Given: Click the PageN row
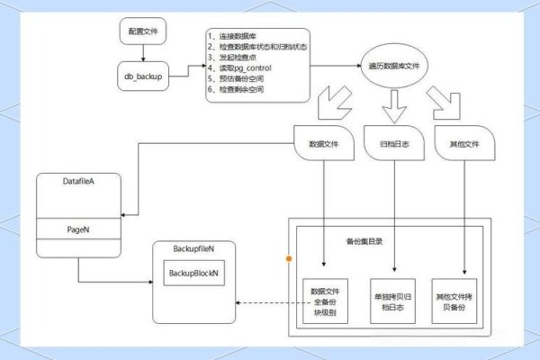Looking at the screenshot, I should [77, 229].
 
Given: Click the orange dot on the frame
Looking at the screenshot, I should [289, 259].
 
